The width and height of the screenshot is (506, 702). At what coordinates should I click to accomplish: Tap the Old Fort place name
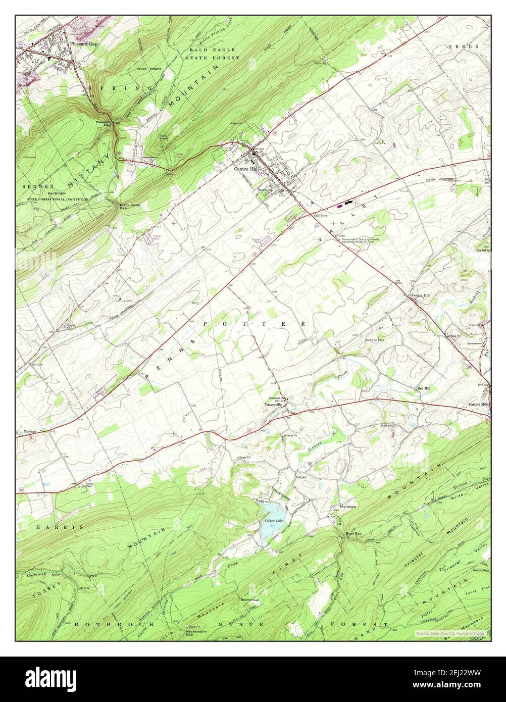[321, 216]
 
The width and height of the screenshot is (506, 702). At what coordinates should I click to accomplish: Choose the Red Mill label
[423, 388]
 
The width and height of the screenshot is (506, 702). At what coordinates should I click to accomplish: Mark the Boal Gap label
[353, 533]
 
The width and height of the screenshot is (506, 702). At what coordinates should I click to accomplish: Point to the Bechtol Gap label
[249, 600]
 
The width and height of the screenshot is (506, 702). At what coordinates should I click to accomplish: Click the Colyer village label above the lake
[301, 477]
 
